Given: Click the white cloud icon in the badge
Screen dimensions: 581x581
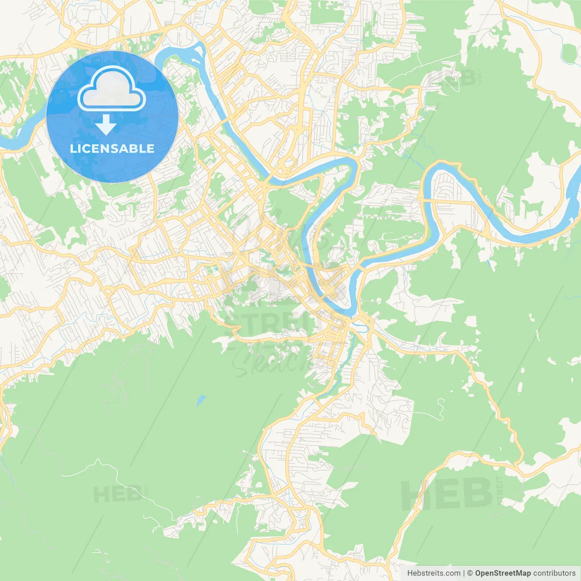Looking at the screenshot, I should tap(112, 89).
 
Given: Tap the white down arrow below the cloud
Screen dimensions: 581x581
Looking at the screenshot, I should tap(106, 125).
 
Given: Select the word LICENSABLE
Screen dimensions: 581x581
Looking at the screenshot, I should tap(112, 149).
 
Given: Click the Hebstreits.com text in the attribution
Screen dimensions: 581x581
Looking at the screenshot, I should tap(433, 573).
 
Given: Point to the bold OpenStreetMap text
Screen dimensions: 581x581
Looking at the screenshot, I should tap(502, 573).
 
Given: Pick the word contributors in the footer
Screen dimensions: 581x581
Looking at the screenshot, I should tap(554, 573).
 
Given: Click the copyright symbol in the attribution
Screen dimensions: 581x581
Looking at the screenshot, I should tap(470, 573).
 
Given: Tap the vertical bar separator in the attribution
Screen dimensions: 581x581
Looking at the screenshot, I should tap(464, 573).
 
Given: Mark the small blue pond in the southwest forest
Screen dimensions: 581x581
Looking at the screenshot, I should tap(200, 401).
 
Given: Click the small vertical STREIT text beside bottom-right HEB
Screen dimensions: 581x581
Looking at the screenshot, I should tap(500, 490).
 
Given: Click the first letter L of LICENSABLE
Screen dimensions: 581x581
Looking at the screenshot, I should tap(74, 149).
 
